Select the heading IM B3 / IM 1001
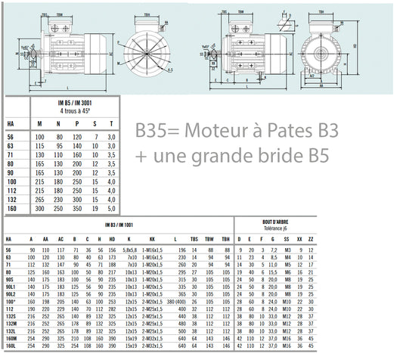(114, 225)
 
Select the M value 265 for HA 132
(40, 198)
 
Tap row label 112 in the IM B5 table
(10, 190)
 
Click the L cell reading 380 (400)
(178, 301)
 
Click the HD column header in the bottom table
(110, 238)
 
